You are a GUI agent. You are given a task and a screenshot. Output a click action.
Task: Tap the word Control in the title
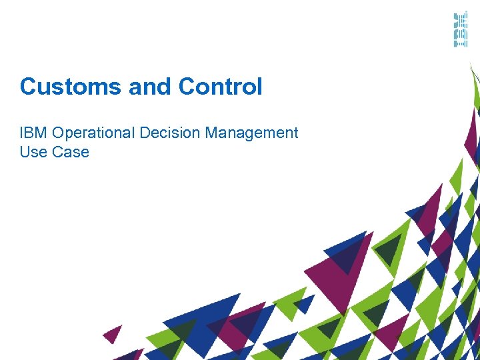click(221, 87)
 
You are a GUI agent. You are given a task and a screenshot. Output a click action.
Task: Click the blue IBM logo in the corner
click(460, 30)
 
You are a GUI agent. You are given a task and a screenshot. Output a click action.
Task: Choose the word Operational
click(92, 133)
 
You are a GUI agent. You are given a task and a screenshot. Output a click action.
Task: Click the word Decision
click(170, 133)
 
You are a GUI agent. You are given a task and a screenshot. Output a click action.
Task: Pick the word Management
click(251, 133)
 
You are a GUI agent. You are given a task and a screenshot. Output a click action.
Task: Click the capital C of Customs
click(27, 87)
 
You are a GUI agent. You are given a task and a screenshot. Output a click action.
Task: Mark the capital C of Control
click(187, 87)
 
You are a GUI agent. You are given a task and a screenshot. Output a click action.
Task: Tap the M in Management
click(211, 133)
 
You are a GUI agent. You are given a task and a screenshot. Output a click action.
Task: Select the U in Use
click(25, 152)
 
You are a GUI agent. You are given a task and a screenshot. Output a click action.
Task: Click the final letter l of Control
click(259, 87)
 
